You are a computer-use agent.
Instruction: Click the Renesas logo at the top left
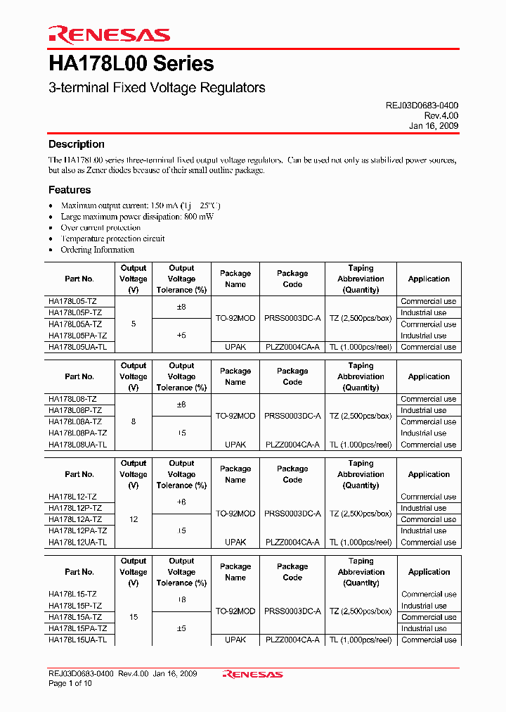click(x=109, y=34)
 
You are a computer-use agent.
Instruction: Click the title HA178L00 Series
click(x=131, y=64)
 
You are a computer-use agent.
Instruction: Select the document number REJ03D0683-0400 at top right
click(x=422, y=106)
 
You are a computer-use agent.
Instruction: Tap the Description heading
click(x=77, y=144)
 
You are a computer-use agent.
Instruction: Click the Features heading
click(x=70, y=190)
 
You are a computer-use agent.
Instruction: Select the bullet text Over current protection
click(x=100, y=228)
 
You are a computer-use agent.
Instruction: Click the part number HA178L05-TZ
click(x=72, y=301)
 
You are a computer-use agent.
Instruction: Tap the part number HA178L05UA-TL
click(x=77, y=347)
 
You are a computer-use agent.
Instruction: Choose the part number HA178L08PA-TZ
click(x=77, y=433)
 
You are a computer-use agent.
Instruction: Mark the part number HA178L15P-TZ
click(x=75, y=606)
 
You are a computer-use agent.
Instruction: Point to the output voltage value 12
click(x=134, y=519)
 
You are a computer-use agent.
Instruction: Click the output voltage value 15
click(x=134, y=617)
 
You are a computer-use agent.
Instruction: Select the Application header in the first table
click(x=429, y=279)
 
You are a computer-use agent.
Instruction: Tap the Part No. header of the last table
click(x=79, y=572)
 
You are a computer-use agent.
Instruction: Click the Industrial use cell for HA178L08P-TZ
click(x=424, y=410)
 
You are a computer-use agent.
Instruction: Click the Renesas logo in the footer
click(x=252, y=674)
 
